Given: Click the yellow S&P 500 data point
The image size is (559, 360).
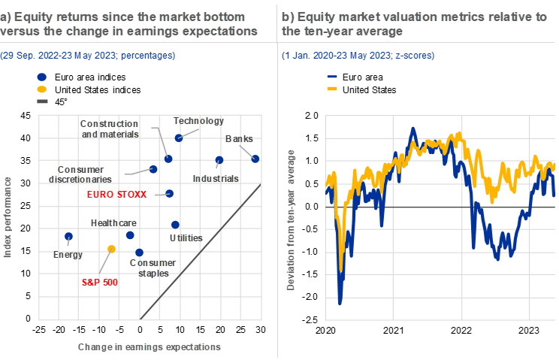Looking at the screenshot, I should coord(111,249).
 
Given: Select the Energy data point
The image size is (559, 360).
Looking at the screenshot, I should coord(68,237).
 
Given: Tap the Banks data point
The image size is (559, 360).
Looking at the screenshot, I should coord(255,159).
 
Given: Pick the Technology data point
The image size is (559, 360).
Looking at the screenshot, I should coord(179,138).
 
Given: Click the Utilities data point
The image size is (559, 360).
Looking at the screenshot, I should coord(175,224).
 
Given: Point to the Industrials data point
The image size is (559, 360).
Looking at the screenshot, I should coord(219,160).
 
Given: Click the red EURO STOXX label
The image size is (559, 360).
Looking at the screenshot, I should coord(117,194).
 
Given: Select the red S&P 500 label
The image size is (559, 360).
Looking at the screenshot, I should coord(101,283).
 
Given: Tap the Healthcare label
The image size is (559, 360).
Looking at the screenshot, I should coord(113,223).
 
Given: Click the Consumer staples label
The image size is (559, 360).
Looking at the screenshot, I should coord(153,268).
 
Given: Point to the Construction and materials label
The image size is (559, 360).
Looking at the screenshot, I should coord(110,129).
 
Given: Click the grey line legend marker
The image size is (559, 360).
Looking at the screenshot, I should coord(42,101).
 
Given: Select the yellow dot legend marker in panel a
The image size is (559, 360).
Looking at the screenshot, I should coord(42,89).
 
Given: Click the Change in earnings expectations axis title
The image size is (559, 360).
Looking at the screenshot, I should coord(149,347).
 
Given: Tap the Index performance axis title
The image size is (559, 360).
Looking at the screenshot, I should coord(8,218).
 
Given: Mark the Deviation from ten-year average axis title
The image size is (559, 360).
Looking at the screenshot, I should coord(291,220).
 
